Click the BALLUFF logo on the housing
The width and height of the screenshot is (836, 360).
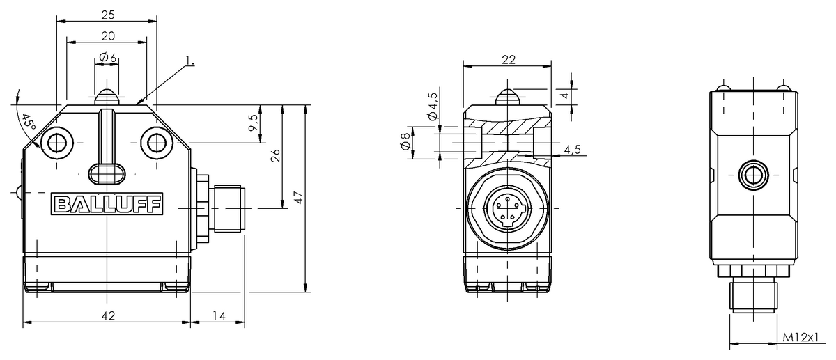pos(107,204)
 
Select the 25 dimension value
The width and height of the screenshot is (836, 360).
pos(108,15)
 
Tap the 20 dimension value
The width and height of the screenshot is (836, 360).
pos(108,36)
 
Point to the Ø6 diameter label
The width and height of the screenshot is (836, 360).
pos(107,57)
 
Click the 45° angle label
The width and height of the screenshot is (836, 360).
pos(29,123)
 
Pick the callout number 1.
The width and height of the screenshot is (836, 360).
pos(190,61)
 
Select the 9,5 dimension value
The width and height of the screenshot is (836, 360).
pos(254,123)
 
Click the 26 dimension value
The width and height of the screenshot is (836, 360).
pos(275,155)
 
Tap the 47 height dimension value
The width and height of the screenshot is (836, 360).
pos(299,198)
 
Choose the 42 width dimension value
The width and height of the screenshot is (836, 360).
pos(108,316)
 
